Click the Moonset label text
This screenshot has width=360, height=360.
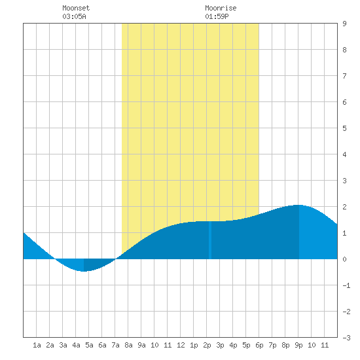(x=76, y=8)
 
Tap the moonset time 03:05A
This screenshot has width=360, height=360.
(x=74, y=16)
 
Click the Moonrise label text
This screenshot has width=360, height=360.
(x=221, y=8)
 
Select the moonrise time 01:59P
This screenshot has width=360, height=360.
(x=217, y=16)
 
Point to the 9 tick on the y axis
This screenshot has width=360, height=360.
(x=344, y=24)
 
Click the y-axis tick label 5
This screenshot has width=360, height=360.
(x=344, y=128)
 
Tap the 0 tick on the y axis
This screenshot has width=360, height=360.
(x=344, y=259)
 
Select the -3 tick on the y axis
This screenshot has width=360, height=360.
(x=346, y=338)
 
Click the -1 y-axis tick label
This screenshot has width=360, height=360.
(x=346, y=285)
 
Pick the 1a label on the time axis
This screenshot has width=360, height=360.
(x=37, y=345)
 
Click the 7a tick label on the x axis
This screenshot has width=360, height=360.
(x=115, y=345)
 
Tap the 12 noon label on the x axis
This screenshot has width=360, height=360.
(x=181, y=345)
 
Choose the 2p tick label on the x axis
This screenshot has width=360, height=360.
(x=207, y=345)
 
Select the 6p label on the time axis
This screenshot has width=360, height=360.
(x=259, y=345)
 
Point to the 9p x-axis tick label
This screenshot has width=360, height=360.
(x=298, y=345)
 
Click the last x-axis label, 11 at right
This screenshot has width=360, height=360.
(x=325, y=345)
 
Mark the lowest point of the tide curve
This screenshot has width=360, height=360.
(x=84, y=271)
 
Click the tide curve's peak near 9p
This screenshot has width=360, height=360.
(x=298, y=205)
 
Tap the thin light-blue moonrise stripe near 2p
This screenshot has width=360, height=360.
(x=210, y=240)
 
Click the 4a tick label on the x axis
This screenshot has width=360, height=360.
(x=76, y=345)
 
